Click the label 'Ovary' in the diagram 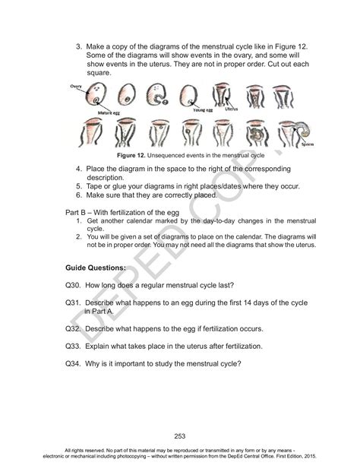click(76, 87)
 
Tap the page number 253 click(179, 436)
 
